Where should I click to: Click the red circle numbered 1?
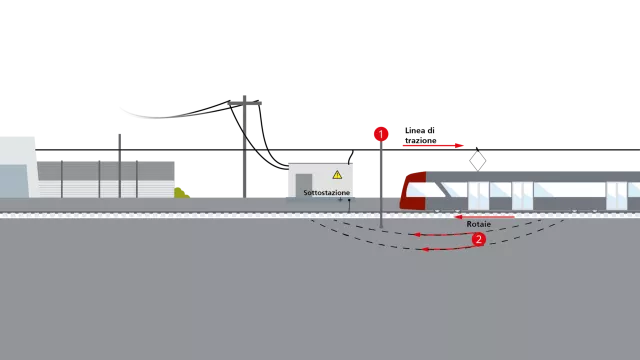(x=381, y=134)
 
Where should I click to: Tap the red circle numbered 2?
(x=478, y=239)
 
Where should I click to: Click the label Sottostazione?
(x=327, y=192)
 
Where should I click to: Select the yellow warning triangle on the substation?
(x=337, y=175)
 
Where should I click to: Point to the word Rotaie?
(x=479, y=224)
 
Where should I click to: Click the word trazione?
(x=421, y=140)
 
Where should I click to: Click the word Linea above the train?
(x=415, y=131)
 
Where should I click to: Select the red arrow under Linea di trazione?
(x=433, y=145)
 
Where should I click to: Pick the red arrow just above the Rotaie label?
(x=484, y=217)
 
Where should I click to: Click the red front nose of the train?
(x=413, y=191)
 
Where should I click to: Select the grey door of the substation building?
(x=304, y=186)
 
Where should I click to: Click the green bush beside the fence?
(x=181, y=193)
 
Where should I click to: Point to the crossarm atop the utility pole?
(x=244, y=103)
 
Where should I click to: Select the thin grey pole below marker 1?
(x=381, y=184)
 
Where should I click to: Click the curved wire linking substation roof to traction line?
(x=351, y=157)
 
